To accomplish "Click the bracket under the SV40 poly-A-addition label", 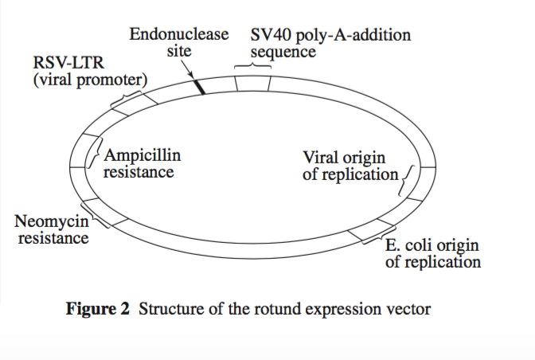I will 252,66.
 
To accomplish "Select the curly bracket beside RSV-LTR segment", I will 127,99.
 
